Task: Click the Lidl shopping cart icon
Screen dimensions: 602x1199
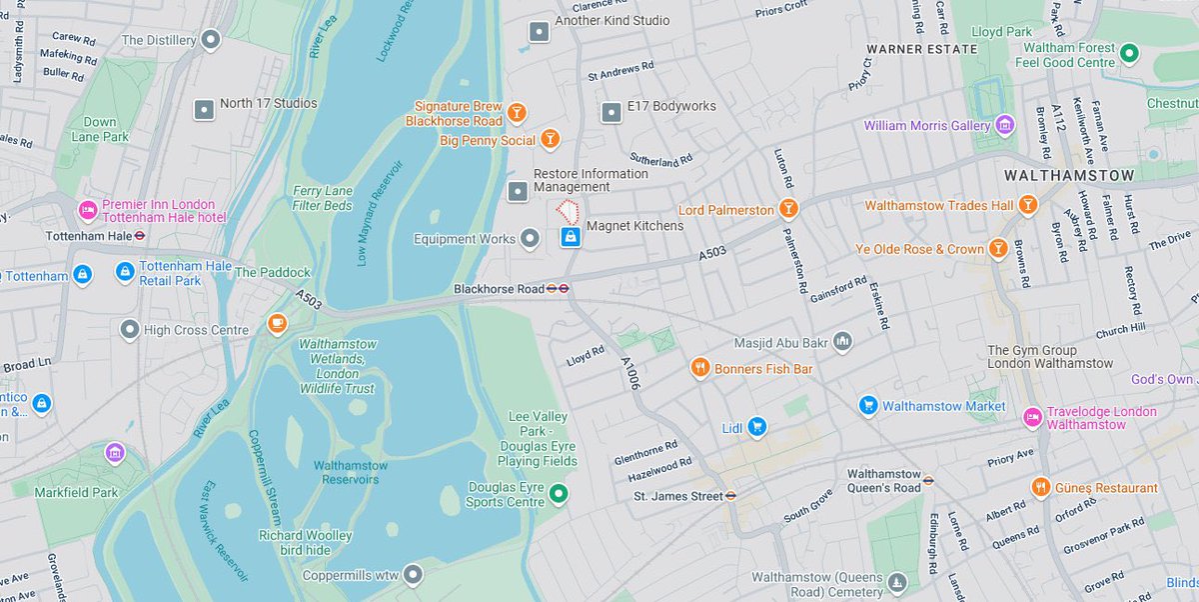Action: click(x=757, y=427)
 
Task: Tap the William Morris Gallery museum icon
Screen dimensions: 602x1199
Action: click(x=1005, y=125)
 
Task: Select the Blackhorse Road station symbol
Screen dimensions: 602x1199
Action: click(x=559, y=289)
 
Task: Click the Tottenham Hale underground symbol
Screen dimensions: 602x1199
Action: click(x=142, y=237)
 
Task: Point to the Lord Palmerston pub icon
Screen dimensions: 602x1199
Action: click(x=789, y=209)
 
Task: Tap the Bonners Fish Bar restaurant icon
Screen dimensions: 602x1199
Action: click(x=700, y=368)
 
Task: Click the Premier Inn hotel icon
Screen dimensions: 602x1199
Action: click(x=88, y=211)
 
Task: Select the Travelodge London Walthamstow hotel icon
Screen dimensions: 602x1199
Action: click(x=1032, y=415)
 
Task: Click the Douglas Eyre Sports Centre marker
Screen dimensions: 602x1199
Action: click(x=560, y=493)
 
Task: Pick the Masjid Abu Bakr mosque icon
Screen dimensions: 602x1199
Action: click(x=843, y=342)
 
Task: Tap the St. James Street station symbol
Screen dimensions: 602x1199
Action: click(x=731, y=495)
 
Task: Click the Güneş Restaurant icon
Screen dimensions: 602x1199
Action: click(x=1041, y=487)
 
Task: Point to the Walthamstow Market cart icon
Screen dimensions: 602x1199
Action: click(x=868, y=405)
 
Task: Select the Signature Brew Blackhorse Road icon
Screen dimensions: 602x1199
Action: click(x=518, y=112)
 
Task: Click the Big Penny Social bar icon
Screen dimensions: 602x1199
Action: click(x=550, y=139)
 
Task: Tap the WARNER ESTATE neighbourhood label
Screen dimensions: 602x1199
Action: click(x=921, y=49)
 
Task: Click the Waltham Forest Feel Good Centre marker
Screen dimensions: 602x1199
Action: click(x=1130, y=53)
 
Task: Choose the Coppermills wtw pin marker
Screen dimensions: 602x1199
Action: click(x=412, y=574)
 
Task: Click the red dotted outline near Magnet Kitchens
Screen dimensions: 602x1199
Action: click(x=569, y=210)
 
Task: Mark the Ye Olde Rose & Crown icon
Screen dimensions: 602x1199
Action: click(x=997, y=248)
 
